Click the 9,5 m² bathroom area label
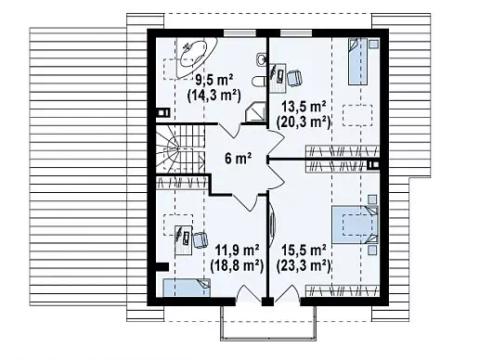click(214, 81)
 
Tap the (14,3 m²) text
click(214, 95)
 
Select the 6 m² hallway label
click(238, 159)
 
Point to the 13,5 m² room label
click(304, 107)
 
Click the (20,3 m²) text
click(304, 122)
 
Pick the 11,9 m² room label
click(237, 251)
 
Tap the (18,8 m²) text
click(237, 265)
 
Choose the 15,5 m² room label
click(304, 251)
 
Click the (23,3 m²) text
click(304, 265)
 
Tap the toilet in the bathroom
click(259, 82)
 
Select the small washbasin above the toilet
click(261, 59)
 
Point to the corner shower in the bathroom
click(255, 113)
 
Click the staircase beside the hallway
click(180, 148)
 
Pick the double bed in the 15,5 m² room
click(356, 225)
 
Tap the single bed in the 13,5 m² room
click(359, 61)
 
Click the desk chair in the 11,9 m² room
click(201, 240)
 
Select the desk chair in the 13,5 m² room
click(294, 78)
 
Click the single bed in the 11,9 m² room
click(187, 288)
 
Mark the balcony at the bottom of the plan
click(267, 322)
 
